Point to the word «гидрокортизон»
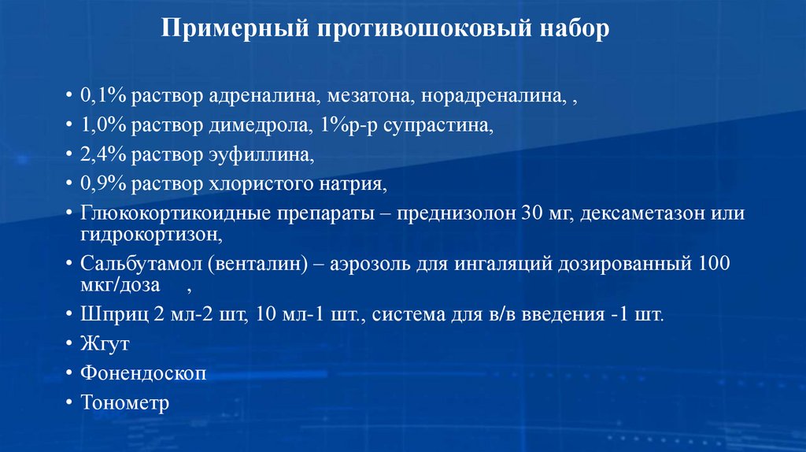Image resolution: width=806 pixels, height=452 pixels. [x=146, y=234]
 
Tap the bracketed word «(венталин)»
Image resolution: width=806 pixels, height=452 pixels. [x=257, y=264]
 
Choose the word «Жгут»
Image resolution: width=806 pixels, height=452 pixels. [x=104, y=344]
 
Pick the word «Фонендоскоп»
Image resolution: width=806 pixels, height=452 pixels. [x=143, y=373]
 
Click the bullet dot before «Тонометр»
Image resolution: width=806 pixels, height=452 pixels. [x=69, y=403]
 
